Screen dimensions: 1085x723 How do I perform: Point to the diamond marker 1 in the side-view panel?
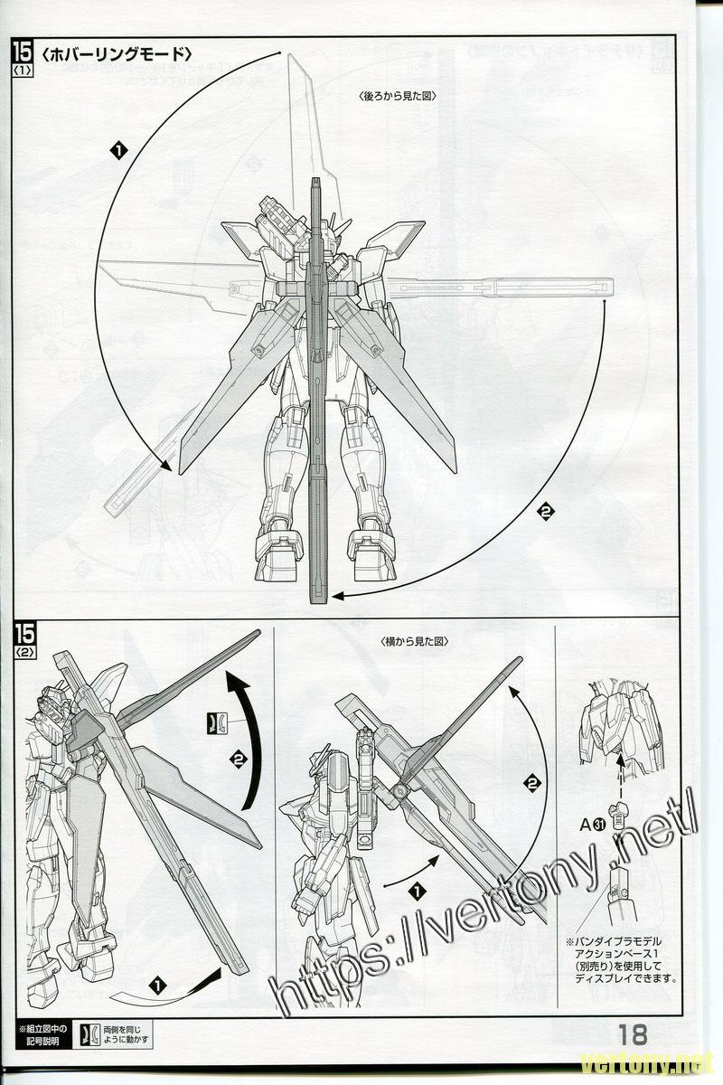coord(416,891)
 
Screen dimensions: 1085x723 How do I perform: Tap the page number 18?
coord(634,1033)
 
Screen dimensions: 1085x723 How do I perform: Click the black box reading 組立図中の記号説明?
coord(42,1034)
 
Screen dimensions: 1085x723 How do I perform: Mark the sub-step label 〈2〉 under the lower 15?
coord(23,648)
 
